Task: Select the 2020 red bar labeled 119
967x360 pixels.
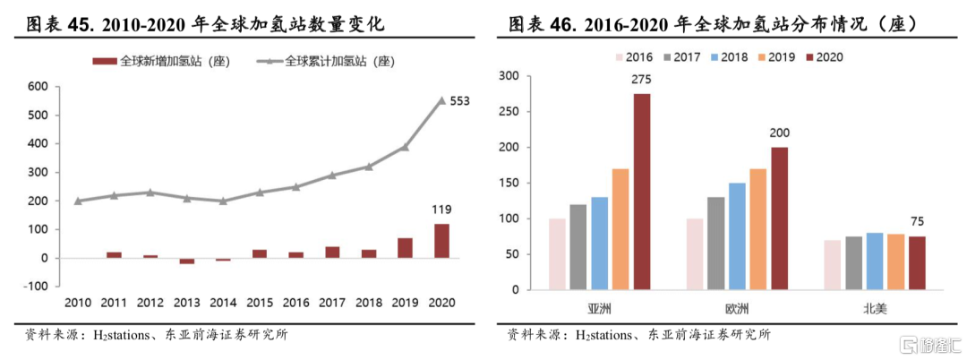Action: coord(441,241)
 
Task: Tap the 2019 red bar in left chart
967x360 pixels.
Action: coord(405,248)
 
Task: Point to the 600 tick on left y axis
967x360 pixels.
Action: coord(37,87)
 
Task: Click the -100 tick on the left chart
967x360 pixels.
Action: coord(35,287)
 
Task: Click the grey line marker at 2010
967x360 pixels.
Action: coord(78,201)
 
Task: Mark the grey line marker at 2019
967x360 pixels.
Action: coord(405,147)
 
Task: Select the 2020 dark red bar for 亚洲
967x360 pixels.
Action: coord(642,192)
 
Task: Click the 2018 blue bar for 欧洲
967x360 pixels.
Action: coord(737,236)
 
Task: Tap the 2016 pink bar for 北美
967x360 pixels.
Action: coord(832,265)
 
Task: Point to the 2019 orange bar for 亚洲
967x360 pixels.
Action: coord(620,229)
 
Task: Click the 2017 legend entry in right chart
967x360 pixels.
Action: coord(680,56)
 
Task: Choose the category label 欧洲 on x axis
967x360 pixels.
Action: coord(737,307)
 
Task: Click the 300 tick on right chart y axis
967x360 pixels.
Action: coord(508,76)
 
